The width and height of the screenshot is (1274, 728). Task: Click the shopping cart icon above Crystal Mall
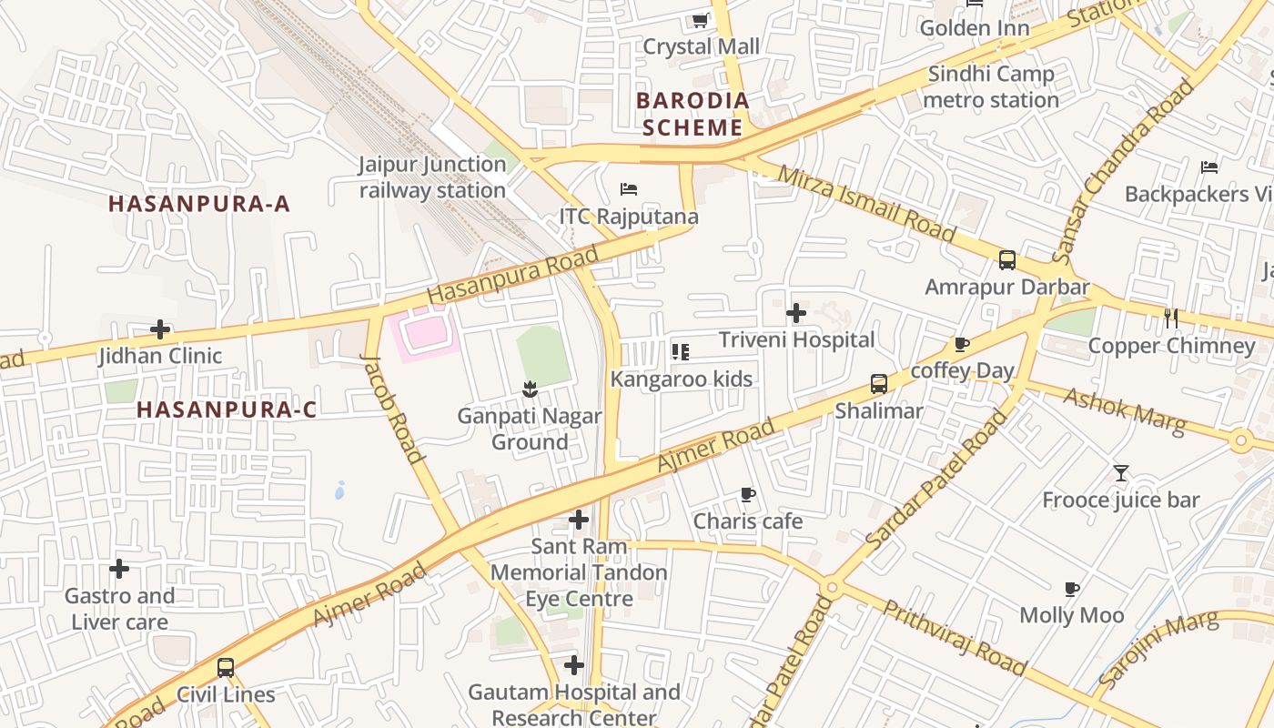click(x=700, y=20)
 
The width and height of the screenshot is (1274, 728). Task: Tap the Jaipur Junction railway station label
click(x=432, y=177)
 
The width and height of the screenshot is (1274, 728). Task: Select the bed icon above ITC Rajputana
click(x=628, y=189)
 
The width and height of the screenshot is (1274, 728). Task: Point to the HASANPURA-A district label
click(x=199, y=204)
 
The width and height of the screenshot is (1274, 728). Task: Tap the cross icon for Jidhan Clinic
click(x=160, y=329)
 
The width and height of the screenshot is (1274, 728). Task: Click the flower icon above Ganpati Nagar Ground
click(x=530, y=390)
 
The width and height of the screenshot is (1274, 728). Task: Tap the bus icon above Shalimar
click(x=878, y=383)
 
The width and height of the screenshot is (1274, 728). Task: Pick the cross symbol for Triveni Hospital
click(x=796, y=314)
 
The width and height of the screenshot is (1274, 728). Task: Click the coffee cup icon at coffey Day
click(x=962, y=344)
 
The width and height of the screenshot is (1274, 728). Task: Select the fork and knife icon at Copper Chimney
click(x=1171, y=318)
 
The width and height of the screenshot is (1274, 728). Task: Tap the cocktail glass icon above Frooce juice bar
click(x=1120, y=473)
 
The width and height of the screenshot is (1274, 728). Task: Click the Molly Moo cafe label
click(x=1071, y=615)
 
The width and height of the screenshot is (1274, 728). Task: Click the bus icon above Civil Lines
click(x=225, y=668)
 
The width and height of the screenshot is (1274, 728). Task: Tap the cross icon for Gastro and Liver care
click(x=119, y=570)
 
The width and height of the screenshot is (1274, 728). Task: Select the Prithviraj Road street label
click(x=955, y=638)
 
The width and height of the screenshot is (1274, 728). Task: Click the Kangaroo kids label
click(x=682, y=379)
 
